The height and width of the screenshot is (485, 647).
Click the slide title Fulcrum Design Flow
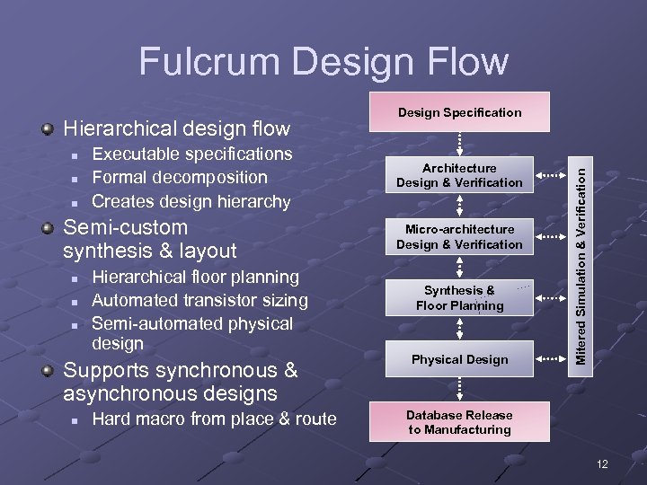click(323, 61)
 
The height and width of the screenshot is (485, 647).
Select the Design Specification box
click(460, 112)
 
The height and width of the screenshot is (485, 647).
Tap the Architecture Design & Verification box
click(459, 175)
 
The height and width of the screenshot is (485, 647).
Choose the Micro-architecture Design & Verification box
click(459, 237)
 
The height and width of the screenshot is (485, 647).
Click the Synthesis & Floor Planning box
click(459, 297)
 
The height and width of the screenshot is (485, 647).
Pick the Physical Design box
click(459, 359)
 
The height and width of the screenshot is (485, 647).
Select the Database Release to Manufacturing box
click(459, 422)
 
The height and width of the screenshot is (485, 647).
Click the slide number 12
click(601, 463)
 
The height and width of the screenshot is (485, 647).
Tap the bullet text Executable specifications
click(191, 154)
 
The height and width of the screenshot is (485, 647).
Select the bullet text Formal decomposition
click(180, 178)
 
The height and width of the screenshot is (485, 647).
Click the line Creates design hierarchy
click(191, 201)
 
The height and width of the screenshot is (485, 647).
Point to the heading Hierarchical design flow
click(177, 129)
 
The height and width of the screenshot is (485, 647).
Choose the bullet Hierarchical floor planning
click(196, 277)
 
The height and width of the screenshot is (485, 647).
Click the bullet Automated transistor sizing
click(199, 300)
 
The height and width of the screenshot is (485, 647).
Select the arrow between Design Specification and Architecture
click(460, 142)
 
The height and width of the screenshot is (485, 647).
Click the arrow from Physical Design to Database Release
click(460, 388)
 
